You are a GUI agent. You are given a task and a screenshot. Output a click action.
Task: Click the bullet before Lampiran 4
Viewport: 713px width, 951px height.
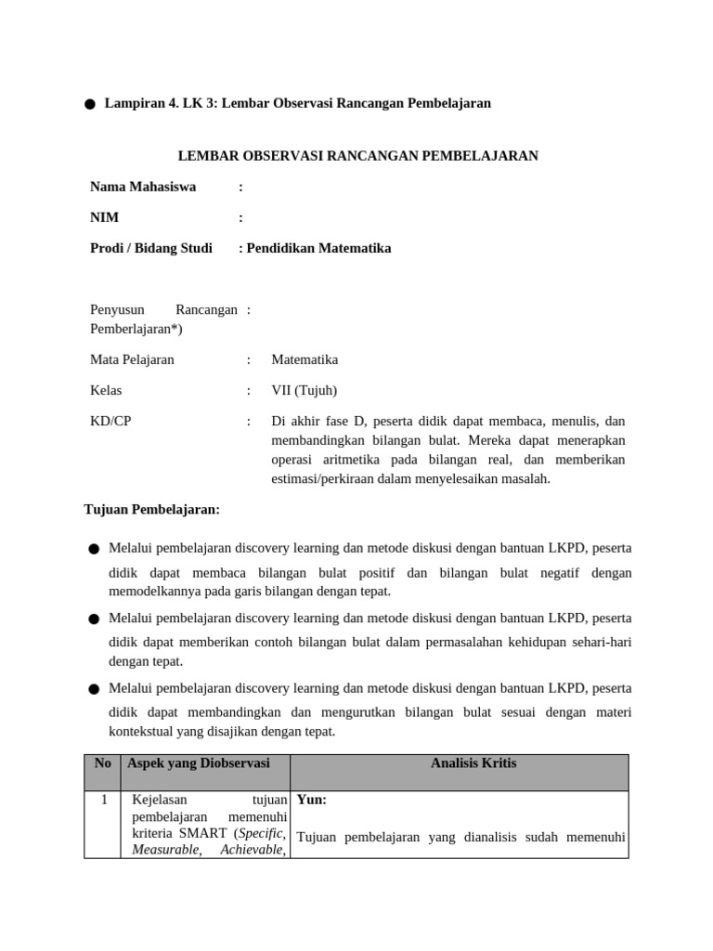pos(89,105)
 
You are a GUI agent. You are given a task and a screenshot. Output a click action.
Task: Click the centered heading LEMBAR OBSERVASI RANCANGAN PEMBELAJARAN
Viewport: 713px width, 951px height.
pos(357,155)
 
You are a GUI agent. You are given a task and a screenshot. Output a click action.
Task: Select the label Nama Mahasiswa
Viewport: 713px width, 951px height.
pos(143,187)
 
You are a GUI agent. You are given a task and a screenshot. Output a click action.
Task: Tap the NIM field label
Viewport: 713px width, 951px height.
pos(104,217)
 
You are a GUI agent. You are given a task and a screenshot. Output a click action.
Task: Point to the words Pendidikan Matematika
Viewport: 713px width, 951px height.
pos(319,248)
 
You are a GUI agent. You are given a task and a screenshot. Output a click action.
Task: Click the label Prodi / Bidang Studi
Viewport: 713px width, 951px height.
pos(151,248)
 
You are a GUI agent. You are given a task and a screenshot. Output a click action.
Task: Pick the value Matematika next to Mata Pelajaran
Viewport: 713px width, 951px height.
pos(305,359)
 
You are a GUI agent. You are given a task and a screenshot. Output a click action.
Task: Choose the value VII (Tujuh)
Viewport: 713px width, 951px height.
pos(305,390)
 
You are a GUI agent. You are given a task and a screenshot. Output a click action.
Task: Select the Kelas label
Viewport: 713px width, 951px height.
pos(106,390)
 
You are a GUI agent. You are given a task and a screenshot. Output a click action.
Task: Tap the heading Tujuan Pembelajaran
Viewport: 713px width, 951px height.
pos(152,509)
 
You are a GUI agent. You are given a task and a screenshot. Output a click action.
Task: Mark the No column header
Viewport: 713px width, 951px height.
pos(102,763)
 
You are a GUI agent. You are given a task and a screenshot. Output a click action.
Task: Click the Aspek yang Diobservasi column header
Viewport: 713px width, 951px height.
pos(199,763)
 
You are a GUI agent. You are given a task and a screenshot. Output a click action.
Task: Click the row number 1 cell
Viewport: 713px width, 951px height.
pos(104,799)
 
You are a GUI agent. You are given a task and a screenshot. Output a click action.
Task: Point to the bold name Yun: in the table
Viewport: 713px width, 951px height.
pos(312,799)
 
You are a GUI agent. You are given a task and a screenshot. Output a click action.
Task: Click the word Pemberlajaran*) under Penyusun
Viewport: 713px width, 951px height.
pos(136,329)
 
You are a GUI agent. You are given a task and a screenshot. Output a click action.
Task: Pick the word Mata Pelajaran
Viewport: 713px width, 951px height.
pos(132,359)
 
